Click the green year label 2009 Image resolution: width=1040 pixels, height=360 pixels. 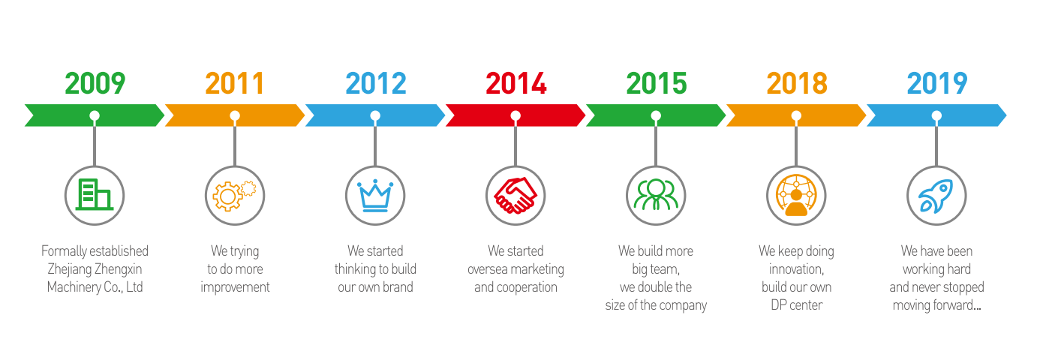[95, 83]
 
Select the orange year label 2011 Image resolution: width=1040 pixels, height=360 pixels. [235, 83]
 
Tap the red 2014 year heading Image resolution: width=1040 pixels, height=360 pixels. [515, 83]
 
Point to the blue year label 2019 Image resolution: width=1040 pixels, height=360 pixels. [937, 83]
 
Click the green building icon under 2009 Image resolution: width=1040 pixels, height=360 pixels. [95, 194]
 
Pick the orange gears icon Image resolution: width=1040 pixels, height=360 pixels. [234, 196]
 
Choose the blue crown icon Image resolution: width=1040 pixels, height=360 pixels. [375, 196]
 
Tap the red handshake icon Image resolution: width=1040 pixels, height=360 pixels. [515, 195]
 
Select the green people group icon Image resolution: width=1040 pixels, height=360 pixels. [656, 195]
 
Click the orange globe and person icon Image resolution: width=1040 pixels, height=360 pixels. [796, 195]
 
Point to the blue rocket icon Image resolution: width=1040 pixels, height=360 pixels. [936, 196]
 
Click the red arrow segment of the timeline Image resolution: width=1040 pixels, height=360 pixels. [515, 115]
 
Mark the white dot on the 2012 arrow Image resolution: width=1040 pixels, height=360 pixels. [375, 115]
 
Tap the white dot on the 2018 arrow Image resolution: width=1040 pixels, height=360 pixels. [796, 115]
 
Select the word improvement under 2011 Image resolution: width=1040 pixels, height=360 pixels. [235, 288]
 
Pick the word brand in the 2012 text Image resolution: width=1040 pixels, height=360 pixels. [398, 287]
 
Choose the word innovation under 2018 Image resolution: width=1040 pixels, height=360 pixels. [796, 269]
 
